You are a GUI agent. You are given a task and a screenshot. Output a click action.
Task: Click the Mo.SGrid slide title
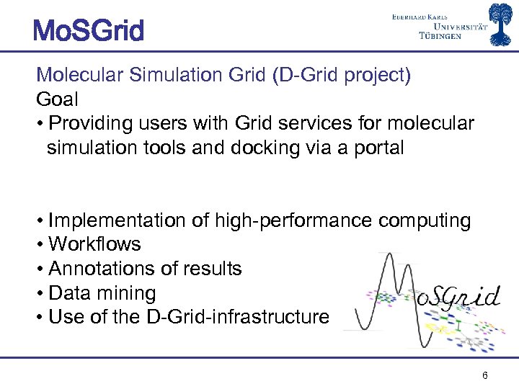click(x=88, y=30)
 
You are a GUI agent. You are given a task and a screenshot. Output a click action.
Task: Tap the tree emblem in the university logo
click(x=503, y=24)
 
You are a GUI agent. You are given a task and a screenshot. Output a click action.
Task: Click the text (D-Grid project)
click(x=342, y=75)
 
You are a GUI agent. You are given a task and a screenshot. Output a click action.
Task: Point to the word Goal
click(x=57, y=99)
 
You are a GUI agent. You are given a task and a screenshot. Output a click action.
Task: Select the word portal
click(x=379, y=148)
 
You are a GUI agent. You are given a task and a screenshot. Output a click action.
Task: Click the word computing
click(x=426, y=220)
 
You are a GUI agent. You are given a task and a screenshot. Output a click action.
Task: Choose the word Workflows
click(x=94, y=245)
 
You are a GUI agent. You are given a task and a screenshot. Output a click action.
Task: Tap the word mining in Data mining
click(x=129, y=293)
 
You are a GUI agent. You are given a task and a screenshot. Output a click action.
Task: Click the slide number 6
click(x=485, y=375)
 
